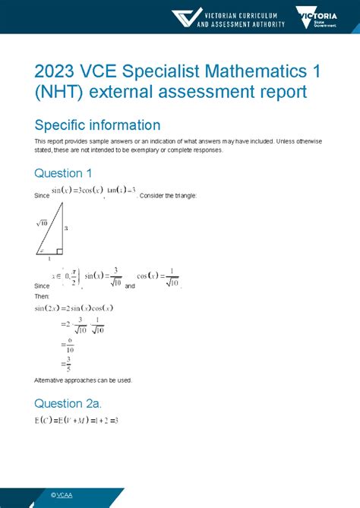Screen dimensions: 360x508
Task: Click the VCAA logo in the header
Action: pyautogui.click(x=229, y=17)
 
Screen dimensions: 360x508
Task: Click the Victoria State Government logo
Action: pyautogui.click(x=318, y=17)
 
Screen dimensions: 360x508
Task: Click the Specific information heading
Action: pyautogui.click(x=97, y=125)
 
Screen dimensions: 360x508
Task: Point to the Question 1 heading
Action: pyautogui.click(x=68, y=173)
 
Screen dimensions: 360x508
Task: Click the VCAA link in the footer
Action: pyautogui.click(x=62, y=495)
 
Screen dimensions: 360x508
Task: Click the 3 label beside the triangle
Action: pyautogui.click(x=66, y=227)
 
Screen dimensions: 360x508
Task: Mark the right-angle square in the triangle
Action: pyautogui.click(x=60, y=251)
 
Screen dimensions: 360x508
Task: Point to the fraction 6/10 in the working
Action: pyautogui.click(x=69, y=344)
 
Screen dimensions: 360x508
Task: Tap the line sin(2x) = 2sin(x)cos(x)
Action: pyautogui.click(x=74, y=308)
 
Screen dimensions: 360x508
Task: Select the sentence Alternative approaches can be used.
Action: pyautogui.click(x=84, y=379)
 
